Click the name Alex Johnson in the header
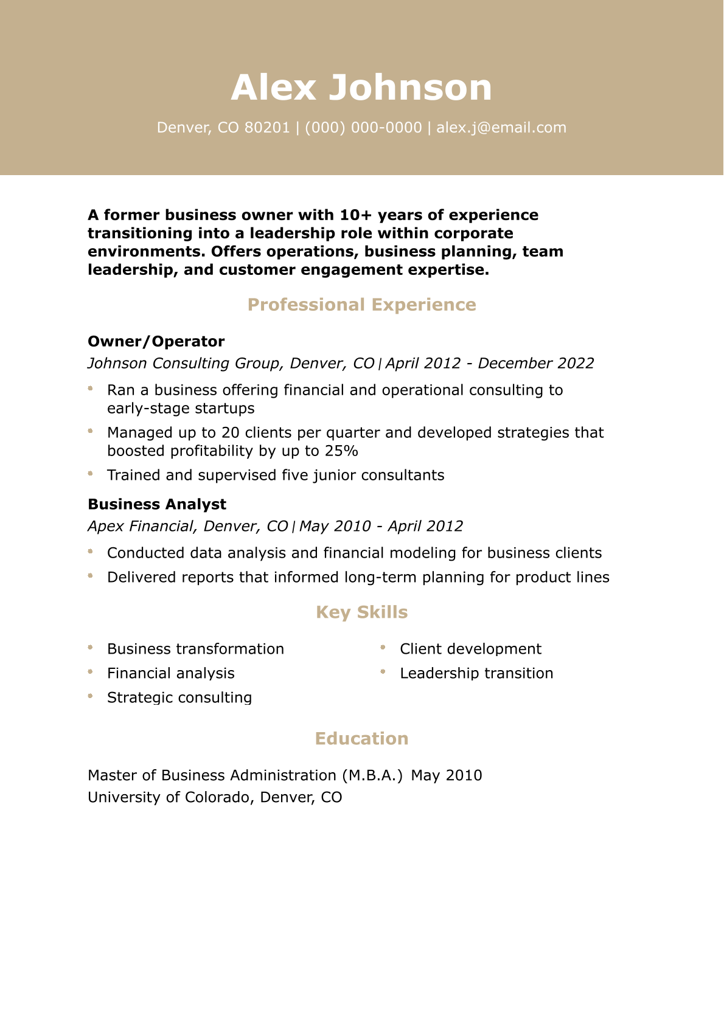361,88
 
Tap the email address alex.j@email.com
501,128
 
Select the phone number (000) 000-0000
363,128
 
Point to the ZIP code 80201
267,128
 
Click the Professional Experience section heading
361,305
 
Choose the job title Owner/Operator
156,341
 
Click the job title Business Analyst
157,504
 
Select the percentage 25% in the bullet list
341,451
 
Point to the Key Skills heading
361,612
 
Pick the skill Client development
470,649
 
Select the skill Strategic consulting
179,697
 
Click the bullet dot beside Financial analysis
90,672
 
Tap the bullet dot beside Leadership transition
383,672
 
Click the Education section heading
361,739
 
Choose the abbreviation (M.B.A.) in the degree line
372,775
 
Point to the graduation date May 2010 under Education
447,775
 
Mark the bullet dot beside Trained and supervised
90,473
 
